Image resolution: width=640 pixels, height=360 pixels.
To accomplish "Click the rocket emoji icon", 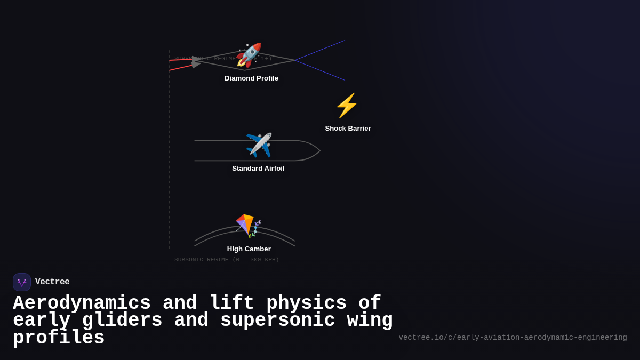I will [249, 55].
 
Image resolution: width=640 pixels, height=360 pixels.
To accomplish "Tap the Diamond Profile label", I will [251, 78].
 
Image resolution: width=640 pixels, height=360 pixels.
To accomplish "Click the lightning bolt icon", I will [347, 106].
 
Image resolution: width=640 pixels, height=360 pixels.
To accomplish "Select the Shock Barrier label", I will [348, 129].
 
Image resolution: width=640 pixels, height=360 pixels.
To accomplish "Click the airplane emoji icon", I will [259, 145].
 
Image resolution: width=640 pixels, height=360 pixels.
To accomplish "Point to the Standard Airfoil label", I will [258, 169].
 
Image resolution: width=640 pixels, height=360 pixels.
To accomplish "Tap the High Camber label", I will [249, 249].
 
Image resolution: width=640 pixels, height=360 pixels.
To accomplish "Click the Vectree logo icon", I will [22, 282].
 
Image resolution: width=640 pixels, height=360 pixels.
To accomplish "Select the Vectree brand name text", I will [52, 282].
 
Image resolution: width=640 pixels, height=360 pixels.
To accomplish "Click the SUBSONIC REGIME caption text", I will [226, 260].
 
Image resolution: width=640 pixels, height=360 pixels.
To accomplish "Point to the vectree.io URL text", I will [513, 338].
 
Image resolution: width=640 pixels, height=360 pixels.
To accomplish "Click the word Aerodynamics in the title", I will [82, 303].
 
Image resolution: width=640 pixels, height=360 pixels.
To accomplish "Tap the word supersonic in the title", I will [277, 321].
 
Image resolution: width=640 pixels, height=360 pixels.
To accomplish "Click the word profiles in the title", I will [59, 338].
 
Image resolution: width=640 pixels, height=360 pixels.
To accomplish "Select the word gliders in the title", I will [122, 321].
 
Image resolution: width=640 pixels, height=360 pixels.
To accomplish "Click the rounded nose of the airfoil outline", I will [318, 151].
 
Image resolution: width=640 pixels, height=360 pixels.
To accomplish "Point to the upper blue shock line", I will [320, 50].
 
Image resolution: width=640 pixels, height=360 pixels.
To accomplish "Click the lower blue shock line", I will [320, 70].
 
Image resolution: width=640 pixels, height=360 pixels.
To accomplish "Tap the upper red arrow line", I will [180, 60].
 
